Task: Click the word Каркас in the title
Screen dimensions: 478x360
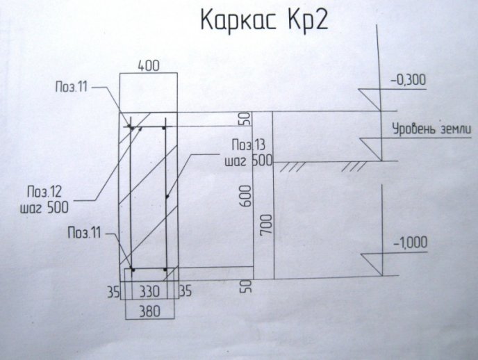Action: coord(239,21)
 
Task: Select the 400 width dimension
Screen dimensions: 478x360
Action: coord(149,66)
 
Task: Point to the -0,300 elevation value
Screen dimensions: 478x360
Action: coord(409,80)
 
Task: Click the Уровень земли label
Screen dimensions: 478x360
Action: coord(431,129)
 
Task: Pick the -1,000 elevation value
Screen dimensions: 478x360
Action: coord(411,243)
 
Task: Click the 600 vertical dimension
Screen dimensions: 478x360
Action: coord(247,196)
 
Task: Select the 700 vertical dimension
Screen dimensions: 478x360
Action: coord(266,224)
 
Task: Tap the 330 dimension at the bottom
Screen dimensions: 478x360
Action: coord(149,292)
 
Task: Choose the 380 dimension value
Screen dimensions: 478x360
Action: coord(149,311)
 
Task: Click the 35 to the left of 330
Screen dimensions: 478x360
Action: coord(113,292)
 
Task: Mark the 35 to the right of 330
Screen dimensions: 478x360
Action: coord(186,291)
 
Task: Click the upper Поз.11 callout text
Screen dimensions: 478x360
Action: coord(72,87)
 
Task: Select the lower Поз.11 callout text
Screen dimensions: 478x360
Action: coord(84,234)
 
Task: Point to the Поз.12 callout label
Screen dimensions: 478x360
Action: coord(44,192)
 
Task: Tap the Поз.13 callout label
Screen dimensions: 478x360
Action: coord(249,145)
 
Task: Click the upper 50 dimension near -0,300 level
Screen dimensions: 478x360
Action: coord(247,119)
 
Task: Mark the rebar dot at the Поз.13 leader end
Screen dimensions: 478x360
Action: coord(167,197)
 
